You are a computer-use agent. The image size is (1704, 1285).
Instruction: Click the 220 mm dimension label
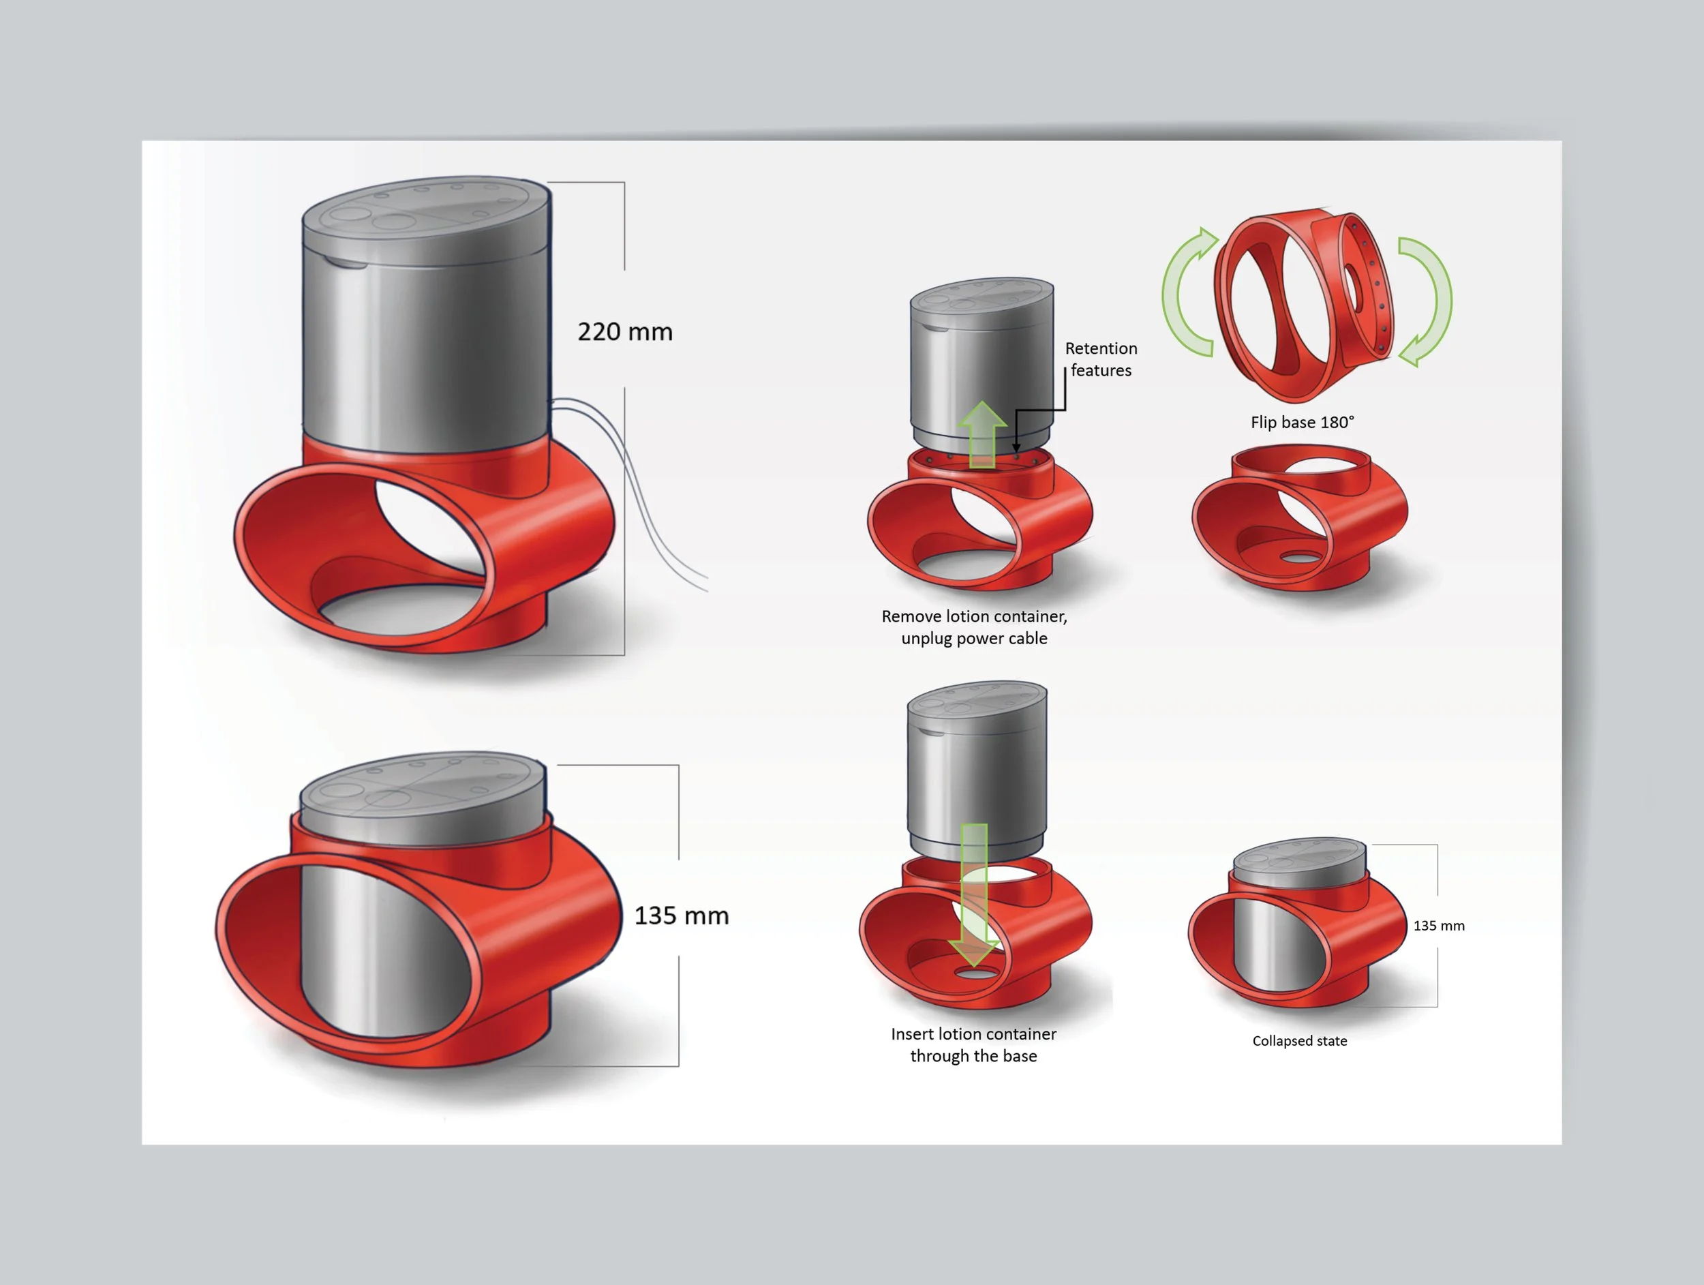(x=625, y=332)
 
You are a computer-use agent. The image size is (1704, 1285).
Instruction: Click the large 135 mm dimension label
(x=681, y=916)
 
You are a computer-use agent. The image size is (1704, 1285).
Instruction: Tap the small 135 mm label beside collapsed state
(x=1439, y=925)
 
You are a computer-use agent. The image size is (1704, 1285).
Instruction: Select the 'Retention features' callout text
(x=1101, y=359)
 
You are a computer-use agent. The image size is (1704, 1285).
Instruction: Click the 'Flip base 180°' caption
(x=1302, y=422)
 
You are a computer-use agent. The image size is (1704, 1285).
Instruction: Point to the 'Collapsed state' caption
(x=1300, y=1041)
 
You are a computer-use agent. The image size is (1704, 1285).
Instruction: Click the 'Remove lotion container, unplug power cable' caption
(x=975, y=627)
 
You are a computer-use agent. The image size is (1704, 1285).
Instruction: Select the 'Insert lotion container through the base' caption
(x=974, y=1044)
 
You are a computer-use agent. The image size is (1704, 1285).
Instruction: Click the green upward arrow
(x=982, y=436)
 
